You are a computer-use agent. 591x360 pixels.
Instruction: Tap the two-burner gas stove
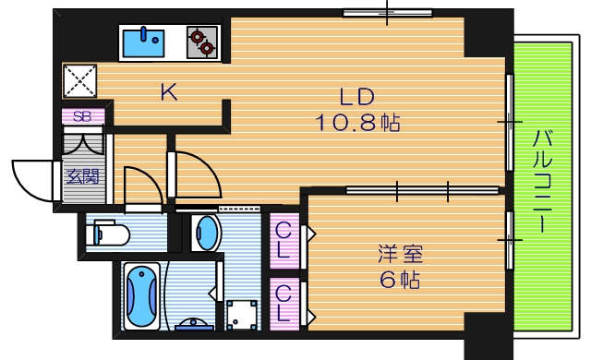[x=201, y=41]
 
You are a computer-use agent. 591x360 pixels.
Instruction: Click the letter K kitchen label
[x=167, y=91]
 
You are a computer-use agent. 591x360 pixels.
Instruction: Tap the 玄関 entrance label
[x=82, y=175]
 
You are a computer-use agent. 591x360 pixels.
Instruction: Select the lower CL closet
[x=284, y=303]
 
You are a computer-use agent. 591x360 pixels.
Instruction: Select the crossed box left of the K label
[x=79, y=80]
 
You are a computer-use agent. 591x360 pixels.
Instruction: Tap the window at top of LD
[x=388, y=13]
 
